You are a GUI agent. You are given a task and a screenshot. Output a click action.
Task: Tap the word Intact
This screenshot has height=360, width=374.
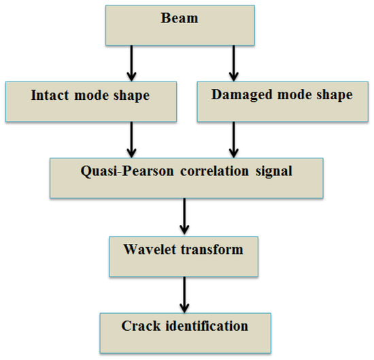coord(50,96)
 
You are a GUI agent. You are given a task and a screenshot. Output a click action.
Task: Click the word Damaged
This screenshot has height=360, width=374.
coord(239,95)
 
